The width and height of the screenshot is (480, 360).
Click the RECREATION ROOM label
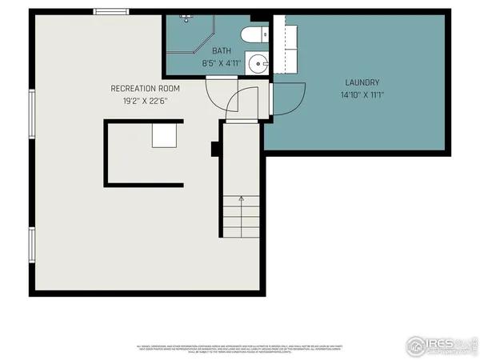pyautogui.click(x=145, y=88)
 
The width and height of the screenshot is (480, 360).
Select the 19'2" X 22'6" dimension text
pyautogui.click(x=145, y=101)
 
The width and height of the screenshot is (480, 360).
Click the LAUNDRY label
pyautogui.click(x=362, y=82)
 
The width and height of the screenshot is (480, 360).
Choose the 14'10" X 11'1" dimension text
pyautogui.click(x=362, y=94)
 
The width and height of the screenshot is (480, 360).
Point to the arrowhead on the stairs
pyautogui.click(x=241, y=199)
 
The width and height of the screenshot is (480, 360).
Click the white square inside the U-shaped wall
pyautogui.click(x=166, y=134)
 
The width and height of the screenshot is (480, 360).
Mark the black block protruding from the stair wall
pyautogui.click(x=215, y=149)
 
